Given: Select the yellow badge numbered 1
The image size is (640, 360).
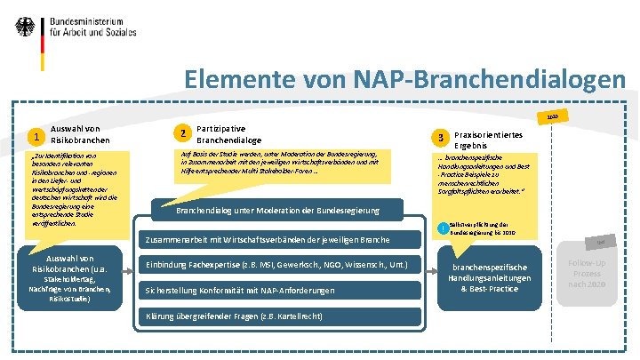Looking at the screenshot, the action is [35, 137].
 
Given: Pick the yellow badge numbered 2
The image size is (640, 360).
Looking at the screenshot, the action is [182, 133].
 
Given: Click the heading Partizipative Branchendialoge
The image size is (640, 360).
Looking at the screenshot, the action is [228, 133].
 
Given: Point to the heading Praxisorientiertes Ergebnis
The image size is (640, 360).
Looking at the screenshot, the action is [488, 139].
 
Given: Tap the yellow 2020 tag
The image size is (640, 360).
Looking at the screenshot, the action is [553, 116].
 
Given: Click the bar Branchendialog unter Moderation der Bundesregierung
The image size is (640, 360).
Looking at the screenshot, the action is [277, 211].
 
